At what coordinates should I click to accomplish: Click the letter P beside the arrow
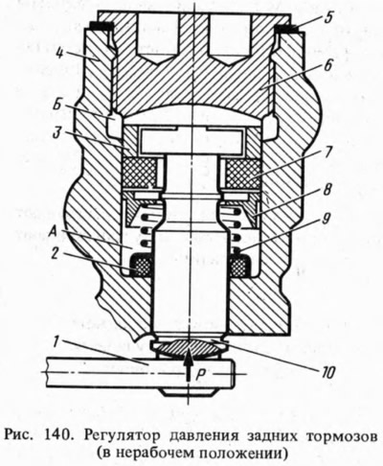(201, 376)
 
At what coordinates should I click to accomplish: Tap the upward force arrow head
(190, 354)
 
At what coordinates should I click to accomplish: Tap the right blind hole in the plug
(230, 40)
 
